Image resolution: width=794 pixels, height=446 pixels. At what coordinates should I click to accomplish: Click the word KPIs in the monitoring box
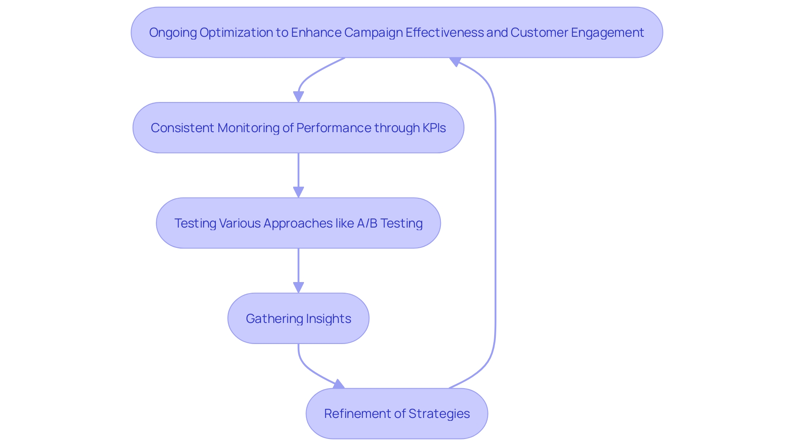pos(434,128)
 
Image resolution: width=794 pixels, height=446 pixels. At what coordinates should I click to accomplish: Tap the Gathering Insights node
pos(298,318)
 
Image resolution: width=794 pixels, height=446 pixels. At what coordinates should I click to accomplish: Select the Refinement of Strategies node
pos(397,413)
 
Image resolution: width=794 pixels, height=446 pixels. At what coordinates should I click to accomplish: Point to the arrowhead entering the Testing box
pos(298,192)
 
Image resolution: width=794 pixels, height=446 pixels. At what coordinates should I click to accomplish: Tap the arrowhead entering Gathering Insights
pos(298,288)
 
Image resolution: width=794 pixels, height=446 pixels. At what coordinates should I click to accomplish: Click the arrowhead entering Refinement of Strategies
pos(339,384)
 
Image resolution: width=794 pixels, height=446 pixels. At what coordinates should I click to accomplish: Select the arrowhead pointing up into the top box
pos(455,62)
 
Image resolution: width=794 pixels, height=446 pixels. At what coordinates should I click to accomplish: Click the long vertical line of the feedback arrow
pos(495,223)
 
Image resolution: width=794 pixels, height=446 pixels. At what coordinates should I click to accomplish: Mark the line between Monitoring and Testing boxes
pos(298,169)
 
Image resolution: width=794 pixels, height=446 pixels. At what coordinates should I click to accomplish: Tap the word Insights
pos(328,318)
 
